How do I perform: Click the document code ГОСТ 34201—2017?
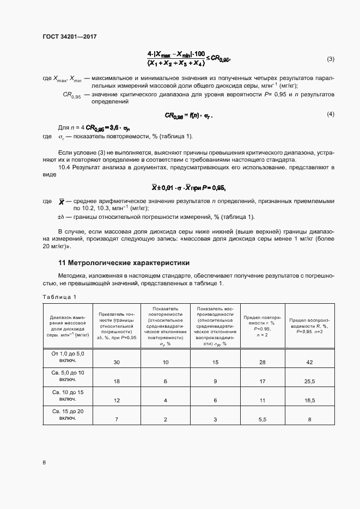(69, 36)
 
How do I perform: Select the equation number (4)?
(331, 114)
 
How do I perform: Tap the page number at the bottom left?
(44, 462)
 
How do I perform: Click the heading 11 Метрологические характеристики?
(119, 263)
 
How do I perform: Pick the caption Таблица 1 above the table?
(59, 297)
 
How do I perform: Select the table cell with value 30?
(117, 362)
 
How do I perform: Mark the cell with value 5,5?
(262, 420)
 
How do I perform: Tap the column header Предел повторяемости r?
(262, 326)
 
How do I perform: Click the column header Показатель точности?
(117, 326)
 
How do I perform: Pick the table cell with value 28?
(262, 362)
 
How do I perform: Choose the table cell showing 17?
(262, 382)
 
